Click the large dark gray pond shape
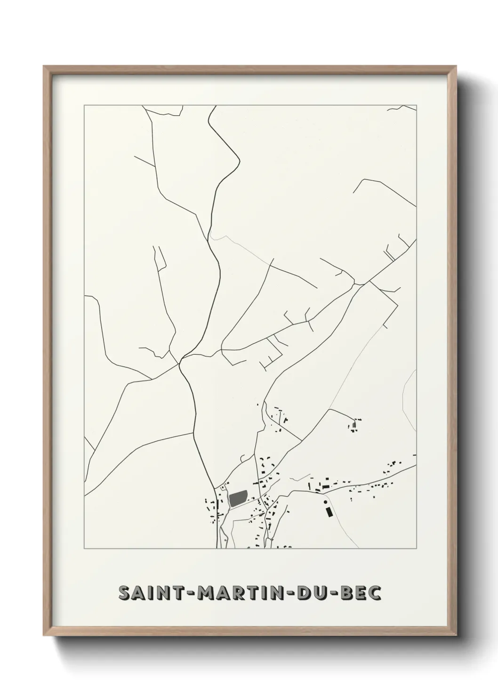(x=238, y=498)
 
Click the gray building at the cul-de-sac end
(x=354, y=426)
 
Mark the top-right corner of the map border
(x=416, y=105)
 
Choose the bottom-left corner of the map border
(x=84, y=549)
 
